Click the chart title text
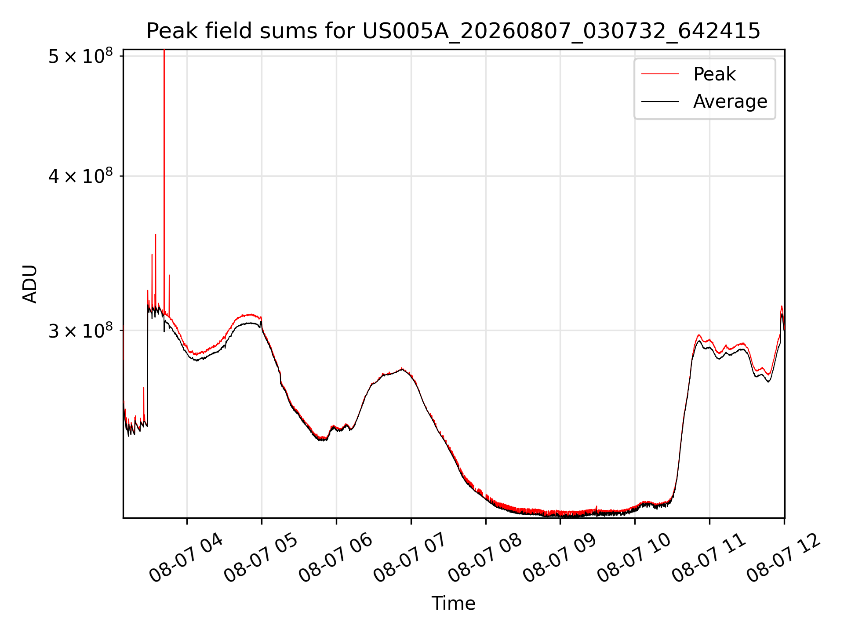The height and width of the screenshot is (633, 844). (x=453, y=31)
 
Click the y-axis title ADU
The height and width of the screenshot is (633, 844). (x=30, y=284)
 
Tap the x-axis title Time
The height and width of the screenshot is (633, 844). (x=453, y=603)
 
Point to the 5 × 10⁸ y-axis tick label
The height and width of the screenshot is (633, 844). (x=80, y=56)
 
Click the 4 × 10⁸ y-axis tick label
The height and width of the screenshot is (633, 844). (x=80, y=176)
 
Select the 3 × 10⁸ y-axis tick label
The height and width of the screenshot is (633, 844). (x=80, y=330)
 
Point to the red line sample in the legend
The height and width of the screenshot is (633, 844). (x=660, y=74)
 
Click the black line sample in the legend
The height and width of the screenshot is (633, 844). (x=660, y=102)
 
